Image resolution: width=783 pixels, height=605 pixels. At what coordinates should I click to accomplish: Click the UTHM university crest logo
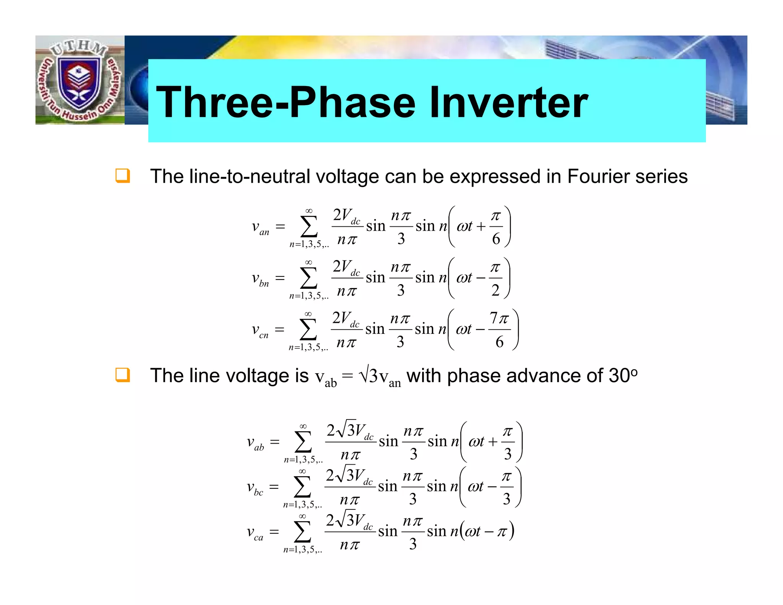80,80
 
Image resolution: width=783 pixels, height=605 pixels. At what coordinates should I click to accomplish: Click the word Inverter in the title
508,102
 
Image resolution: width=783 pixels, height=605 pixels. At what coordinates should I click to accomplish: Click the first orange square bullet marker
123,176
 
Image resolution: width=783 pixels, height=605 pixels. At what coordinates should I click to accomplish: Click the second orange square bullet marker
123,375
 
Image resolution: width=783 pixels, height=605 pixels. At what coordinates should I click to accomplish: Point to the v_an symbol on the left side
260,228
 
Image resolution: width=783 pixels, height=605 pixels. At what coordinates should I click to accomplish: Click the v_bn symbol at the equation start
260,279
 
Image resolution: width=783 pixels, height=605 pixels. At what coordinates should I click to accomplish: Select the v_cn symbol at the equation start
260,330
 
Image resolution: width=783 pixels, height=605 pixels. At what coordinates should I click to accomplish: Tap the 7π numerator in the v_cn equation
499,318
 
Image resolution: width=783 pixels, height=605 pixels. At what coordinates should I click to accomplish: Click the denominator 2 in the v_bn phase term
495,290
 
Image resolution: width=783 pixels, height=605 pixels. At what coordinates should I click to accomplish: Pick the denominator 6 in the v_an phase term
496,239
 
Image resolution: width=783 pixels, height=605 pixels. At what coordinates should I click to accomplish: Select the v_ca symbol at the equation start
255,532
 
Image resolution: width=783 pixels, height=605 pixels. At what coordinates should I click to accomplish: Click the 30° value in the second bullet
623,375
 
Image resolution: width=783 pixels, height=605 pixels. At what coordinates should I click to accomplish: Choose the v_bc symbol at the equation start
255,488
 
